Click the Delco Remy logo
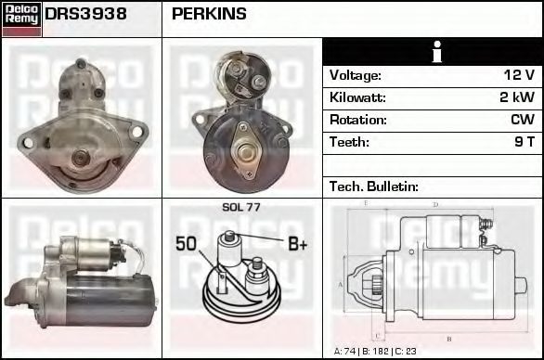21,19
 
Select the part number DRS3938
85,14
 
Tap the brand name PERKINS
209,14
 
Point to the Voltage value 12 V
518,75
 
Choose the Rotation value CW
522,120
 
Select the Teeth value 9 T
525,142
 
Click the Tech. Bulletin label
374,186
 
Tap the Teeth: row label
349,142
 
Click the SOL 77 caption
241,207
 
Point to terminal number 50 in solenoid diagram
187,245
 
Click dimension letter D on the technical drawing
435,205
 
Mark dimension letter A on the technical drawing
341,283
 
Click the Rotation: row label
358,120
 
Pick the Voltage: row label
356,75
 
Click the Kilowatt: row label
357,97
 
